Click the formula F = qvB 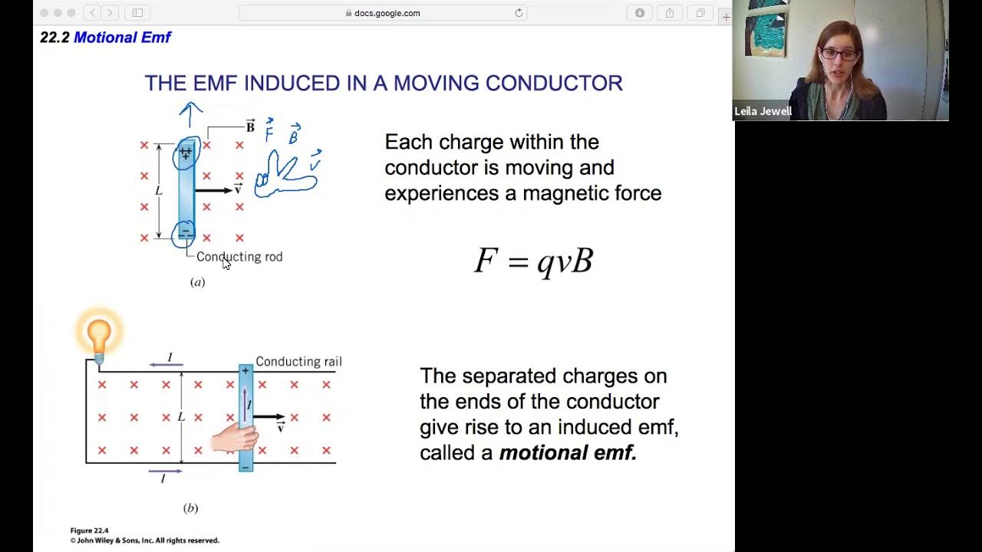click(x=534, y=261)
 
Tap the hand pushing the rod click(x=234, y=437)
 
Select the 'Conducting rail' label click(x=298, y=362)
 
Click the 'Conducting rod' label click(x=239, y=257)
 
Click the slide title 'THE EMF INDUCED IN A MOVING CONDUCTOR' click(x=384, y=84)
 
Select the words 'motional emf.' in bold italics click(x=568, y=453)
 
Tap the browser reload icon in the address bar click(x=519, y=13)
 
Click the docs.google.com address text click(x=387, y=13)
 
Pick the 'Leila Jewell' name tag click(x=763, y=111)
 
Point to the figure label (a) click(x=198, y=282)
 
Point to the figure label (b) click(x=190, y=508)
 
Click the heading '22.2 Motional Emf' click(x=106, y=38)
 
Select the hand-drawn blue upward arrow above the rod click(x=190, y=114)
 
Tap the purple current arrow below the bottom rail click(x=165, y=471)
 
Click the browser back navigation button click(x=93, y=13)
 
